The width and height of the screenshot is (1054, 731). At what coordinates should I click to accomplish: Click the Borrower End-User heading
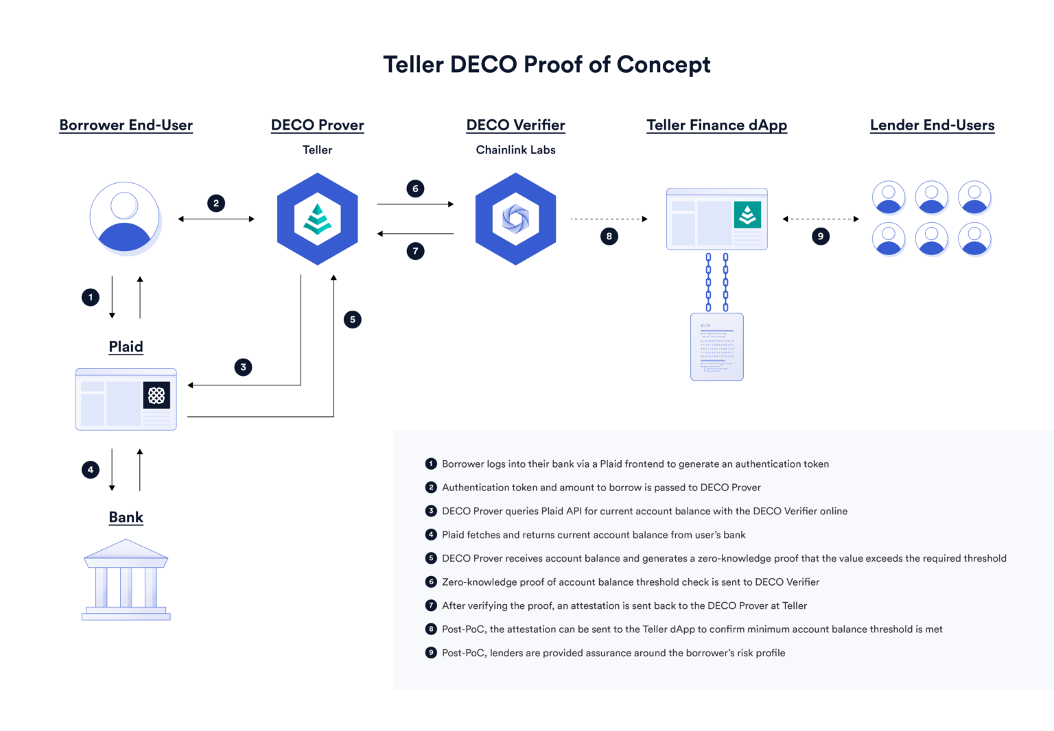click(x=126, y=125)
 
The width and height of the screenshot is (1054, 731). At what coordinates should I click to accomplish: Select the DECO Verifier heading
click(x=515, y=125)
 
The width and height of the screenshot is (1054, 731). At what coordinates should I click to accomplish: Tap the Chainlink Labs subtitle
click(x=515, y=149)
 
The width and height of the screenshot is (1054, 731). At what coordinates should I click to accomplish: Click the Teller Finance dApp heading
click(x=716, y=125)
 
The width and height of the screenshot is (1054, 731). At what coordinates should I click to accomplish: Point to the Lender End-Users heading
click(x=932, y=125)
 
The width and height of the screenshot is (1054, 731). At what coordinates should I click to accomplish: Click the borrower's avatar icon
click(x=125, y=218)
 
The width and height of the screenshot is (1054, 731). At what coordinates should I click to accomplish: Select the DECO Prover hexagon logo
click(x=317, y=219)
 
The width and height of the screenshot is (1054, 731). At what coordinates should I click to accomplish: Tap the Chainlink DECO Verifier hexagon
click(x=515, y=219)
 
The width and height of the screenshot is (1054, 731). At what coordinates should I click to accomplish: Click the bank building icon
click(x=126, y=580)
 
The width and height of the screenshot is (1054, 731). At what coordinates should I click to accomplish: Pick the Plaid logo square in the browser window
click(x=156, y=395)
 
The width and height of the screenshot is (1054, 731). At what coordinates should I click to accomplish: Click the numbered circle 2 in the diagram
click(x=216, y=203)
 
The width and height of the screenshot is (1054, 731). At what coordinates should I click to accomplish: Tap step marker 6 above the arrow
click(x=415, y=189)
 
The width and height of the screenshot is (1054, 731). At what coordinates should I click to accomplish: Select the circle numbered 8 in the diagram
click(x=609, y=237)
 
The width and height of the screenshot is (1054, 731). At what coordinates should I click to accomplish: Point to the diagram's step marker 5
click(x=353, y=320)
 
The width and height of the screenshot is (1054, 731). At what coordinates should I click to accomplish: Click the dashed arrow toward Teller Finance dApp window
click(x=609, y=219)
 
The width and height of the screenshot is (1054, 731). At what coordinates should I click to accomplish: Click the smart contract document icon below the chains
click(x=716, y=346)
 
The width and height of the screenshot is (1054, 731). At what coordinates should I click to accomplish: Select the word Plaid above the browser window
click(x=126, y=346)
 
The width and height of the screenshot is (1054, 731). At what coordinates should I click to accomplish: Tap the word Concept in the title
click(x=663, y=64)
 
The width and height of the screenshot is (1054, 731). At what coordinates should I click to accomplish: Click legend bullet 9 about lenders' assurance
click(x=431, y=653)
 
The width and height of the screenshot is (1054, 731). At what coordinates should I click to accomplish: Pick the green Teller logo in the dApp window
click(x=747, y=215)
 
